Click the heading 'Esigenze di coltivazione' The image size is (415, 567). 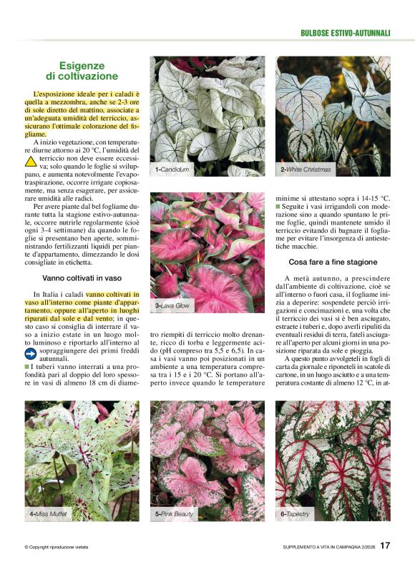coord(82,70)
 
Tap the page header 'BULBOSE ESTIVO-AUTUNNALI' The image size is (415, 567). coord(345,33)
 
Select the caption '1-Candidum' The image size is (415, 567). coord(172,169)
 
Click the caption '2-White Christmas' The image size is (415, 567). coord(306,169)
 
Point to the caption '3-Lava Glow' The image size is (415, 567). coord(172,305)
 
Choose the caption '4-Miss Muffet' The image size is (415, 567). coord(49,514)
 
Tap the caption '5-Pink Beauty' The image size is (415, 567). coord(174,514)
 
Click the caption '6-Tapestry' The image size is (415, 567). coord(296,514)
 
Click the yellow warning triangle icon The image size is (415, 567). coord(31,162)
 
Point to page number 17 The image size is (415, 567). coord(385,546)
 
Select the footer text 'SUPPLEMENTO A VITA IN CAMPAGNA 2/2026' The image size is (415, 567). coord(328,548)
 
